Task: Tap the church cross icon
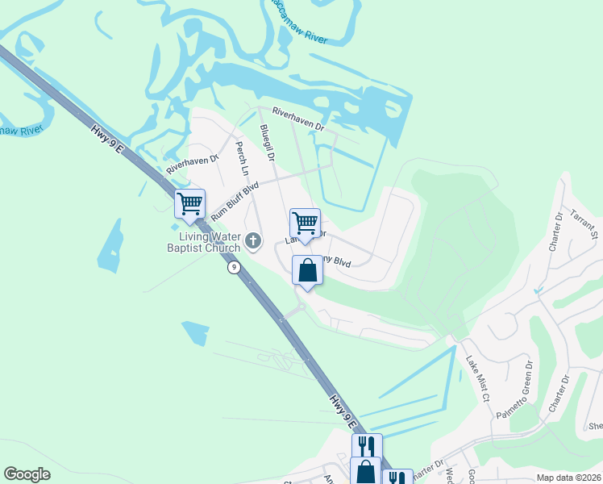click(x=254, y=240)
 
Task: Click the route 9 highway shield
click(x=232, y=267)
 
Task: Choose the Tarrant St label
click(x=580, y=219)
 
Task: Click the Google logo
click(x=27, y=474)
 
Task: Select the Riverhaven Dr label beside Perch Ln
click(x=193, y=165)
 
